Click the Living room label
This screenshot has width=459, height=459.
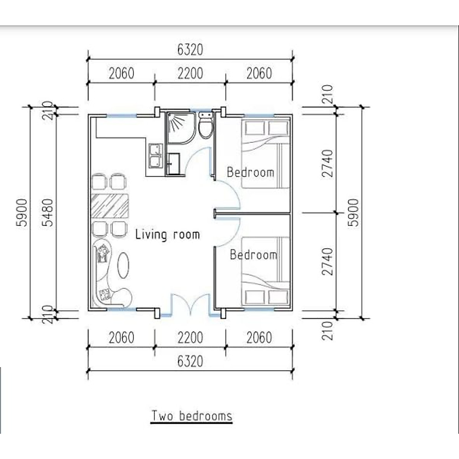click(x=167, y=234)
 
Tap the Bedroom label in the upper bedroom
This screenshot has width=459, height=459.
click(x=251, y=172)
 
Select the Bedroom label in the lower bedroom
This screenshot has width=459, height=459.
click(x=253, y=255)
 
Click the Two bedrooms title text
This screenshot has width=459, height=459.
click(x=191, y=416)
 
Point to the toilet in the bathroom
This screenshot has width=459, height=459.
click(x=205, y=126)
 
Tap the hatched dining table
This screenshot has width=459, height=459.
click(x=110, y=206)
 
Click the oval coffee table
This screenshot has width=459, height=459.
click(x=123, y=265)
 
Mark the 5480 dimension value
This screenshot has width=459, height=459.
click(x=49, y=212)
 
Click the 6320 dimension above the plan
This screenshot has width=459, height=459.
click(x=190, y=50)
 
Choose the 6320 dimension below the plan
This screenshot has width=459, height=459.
click(x=190, y=361)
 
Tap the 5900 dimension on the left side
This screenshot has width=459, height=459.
click(x=23, y=212)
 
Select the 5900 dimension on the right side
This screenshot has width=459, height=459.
click(x=354, y=212)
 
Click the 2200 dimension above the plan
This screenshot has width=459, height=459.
click(x=190, y=73)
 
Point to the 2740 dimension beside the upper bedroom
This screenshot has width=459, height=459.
click(x=327, y=163)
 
